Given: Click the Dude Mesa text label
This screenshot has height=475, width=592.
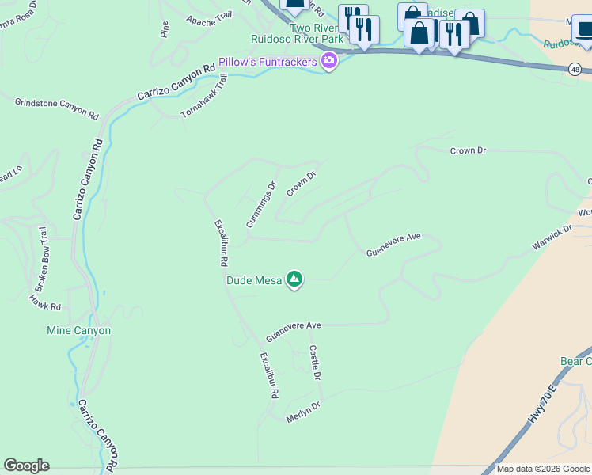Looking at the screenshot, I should tap(254, 280).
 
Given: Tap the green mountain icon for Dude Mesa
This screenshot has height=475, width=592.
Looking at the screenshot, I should tap(294, 279).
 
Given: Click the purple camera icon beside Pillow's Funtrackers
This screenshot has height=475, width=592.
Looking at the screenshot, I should tap(329, 61).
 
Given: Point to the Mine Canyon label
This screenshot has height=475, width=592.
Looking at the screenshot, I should tap(78, 330).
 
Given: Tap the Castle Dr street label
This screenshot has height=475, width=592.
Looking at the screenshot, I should tap(315, 363).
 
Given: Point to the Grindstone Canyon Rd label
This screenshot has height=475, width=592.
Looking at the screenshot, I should tap(56, 108).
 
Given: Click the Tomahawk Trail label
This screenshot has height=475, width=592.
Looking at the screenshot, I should tap(204, 97).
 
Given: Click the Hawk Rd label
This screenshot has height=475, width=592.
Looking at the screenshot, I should tap(45, 302).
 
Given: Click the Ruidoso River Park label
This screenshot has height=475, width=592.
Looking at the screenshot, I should tap(297, 38).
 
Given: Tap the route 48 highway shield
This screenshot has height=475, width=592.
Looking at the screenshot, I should tap(575, 70).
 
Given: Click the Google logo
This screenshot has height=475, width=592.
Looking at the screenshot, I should tap(26, 465).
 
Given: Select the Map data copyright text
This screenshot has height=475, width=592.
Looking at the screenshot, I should tap(544, 469).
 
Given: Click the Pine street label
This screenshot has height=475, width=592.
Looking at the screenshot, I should tap(165, 30).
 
